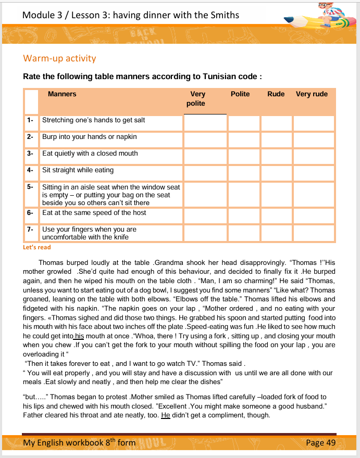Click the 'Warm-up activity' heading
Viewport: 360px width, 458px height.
point(59,58)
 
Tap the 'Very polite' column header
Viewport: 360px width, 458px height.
point(198,99)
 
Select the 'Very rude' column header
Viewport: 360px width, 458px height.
point(312,94)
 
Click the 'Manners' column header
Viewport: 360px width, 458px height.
point(62,94)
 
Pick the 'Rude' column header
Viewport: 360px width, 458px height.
point(276,94)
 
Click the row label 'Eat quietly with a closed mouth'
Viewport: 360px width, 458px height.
point(90,154)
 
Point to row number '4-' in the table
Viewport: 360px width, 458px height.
point(30,170)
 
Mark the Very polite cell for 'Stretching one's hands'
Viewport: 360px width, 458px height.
point(205,123)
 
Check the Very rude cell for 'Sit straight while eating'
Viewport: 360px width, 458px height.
point(313,173)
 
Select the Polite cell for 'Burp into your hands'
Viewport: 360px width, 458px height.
point(243,140)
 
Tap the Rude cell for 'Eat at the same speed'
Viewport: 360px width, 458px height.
point(276,216)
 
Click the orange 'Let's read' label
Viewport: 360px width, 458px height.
point(37,247)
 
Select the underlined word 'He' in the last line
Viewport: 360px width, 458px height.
point(166,415)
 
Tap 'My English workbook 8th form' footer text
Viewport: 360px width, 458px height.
point(79,443)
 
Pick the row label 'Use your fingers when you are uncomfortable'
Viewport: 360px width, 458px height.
point(89,233)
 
